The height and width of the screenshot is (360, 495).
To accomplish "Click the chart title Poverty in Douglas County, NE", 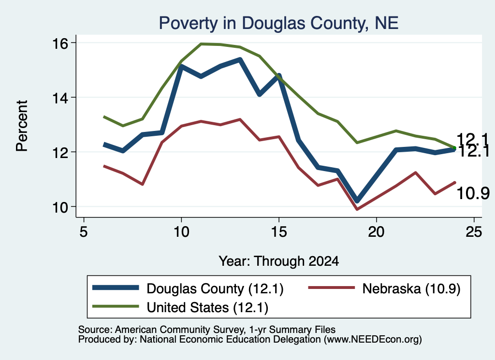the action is [278, 23].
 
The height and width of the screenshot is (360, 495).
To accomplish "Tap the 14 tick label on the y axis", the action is [60, 98].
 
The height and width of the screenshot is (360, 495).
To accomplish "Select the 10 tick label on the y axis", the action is [60, 207].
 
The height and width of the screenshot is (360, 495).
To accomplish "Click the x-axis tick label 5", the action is [83, 232].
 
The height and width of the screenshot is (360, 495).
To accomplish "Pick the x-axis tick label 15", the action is [279, 232].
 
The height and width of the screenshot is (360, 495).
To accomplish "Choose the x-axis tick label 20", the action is [376, 232].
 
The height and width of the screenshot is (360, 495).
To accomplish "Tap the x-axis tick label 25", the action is [474, 232].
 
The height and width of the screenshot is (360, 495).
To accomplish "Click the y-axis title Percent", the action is [22, 126].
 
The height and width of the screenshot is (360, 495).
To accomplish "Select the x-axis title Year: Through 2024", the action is [279, 261].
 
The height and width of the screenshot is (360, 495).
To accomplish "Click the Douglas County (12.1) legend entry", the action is [188, 288].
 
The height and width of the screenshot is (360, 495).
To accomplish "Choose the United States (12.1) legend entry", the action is [180, 307].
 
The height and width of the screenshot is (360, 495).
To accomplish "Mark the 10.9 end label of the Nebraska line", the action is [473, 193].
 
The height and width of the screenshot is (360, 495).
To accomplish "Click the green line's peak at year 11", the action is [201, 44].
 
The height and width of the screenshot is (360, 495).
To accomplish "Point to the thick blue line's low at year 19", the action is [357, 201].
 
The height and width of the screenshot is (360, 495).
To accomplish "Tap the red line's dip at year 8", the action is [143, 184].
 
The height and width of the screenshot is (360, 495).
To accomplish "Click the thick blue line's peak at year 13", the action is [240, 59].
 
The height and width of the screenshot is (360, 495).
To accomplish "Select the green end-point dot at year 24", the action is [454, 148].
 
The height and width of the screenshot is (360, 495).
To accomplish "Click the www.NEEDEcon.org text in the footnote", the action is [373, 340].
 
